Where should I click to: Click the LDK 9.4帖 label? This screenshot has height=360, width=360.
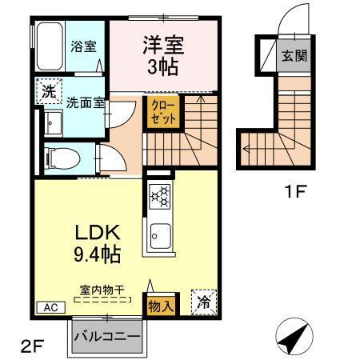97,244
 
